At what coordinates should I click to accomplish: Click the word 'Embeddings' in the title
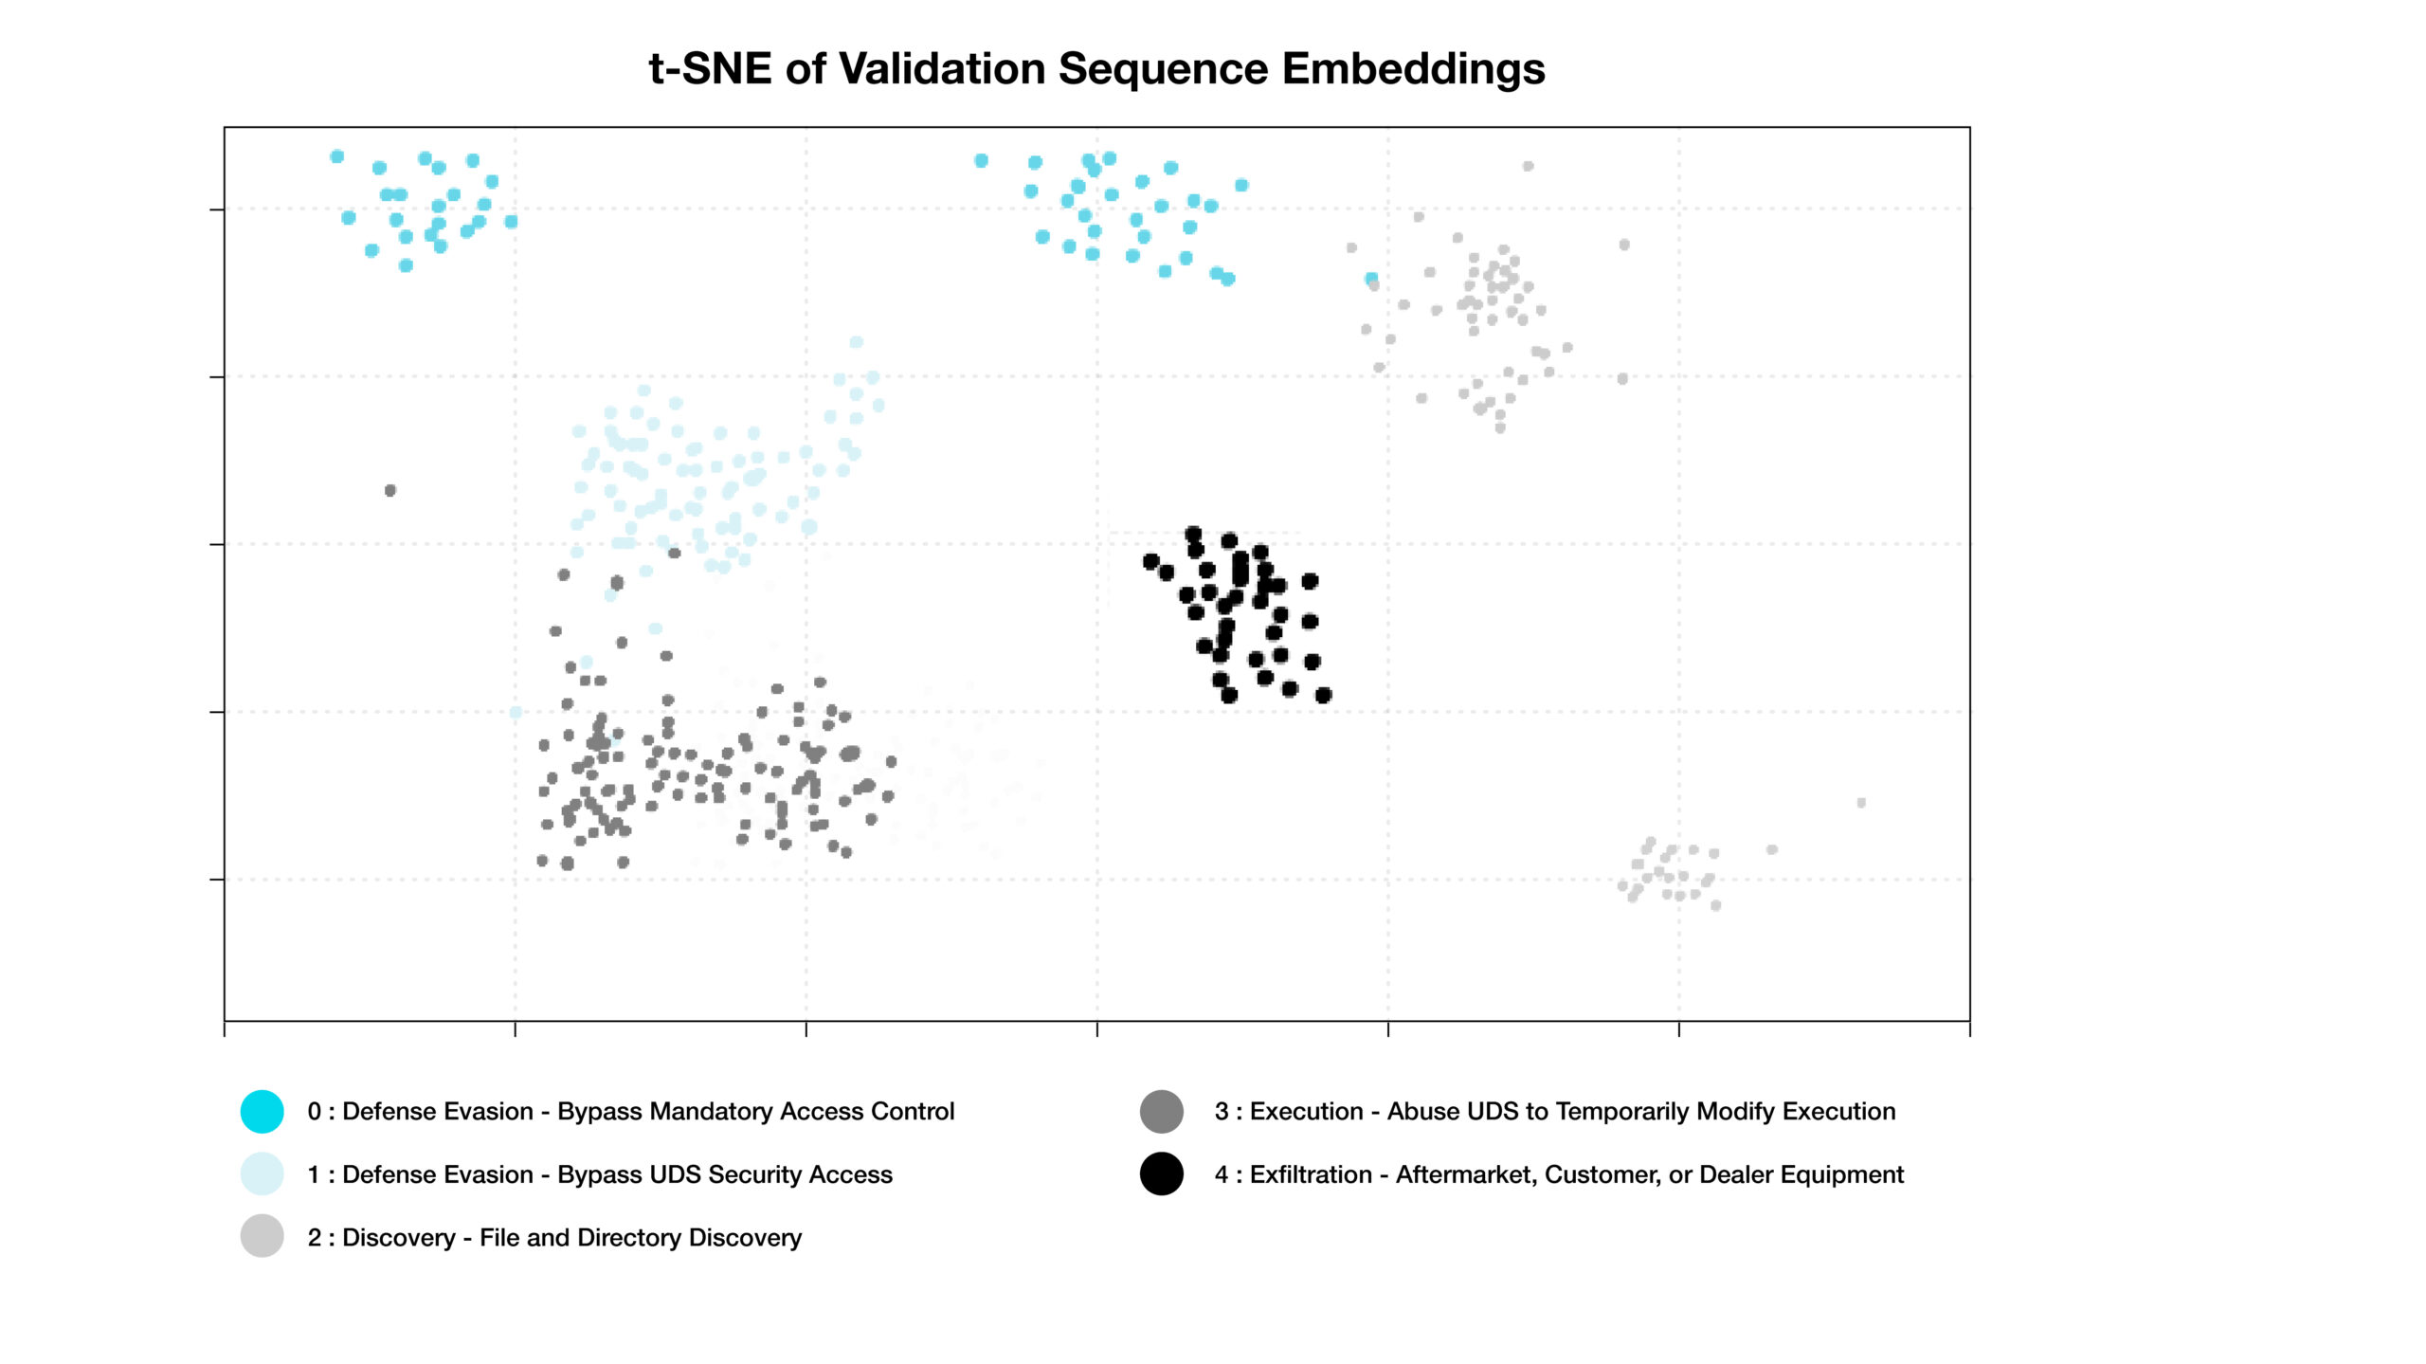(x=1413, y=68)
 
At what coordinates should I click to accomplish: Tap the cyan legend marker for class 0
(x=263, y=1111)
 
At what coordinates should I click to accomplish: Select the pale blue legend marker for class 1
(x=263, y=1173)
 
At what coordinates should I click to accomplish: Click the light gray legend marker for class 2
(x=263, y=1236)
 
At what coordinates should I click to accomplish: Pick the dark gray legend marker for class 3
(x=1161, y=1111)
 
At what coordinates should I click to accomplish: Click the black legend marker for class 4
(x=1161, y=1173)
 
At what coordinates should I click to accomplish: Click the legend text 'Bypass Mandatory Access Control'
(x=755, y=1111)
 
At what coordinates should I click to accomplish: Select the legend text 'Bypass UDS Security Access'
(x=724, y=1173)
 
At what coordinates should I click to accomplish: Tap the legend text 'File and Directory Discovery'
(x=641, y=1237)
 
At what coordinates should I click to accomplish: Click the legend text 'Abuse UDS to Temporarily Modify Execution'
(x=1640, y=1111)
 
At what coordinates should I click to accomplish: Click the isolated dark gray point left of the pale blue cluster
(x=390, y=490)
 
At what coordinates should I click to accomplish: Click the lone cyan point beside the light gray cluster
(x=1370, y=278)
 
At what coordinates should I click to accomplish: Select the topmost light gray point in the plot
(x=1528, y=166)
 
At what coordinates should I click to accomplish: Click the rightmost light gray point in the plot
(x=1861, y=803)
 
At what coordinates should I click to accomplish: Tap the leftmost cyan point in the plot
(x=336, y=156)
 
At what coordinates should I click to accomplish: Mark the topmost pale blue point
(x=856, y=342)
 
